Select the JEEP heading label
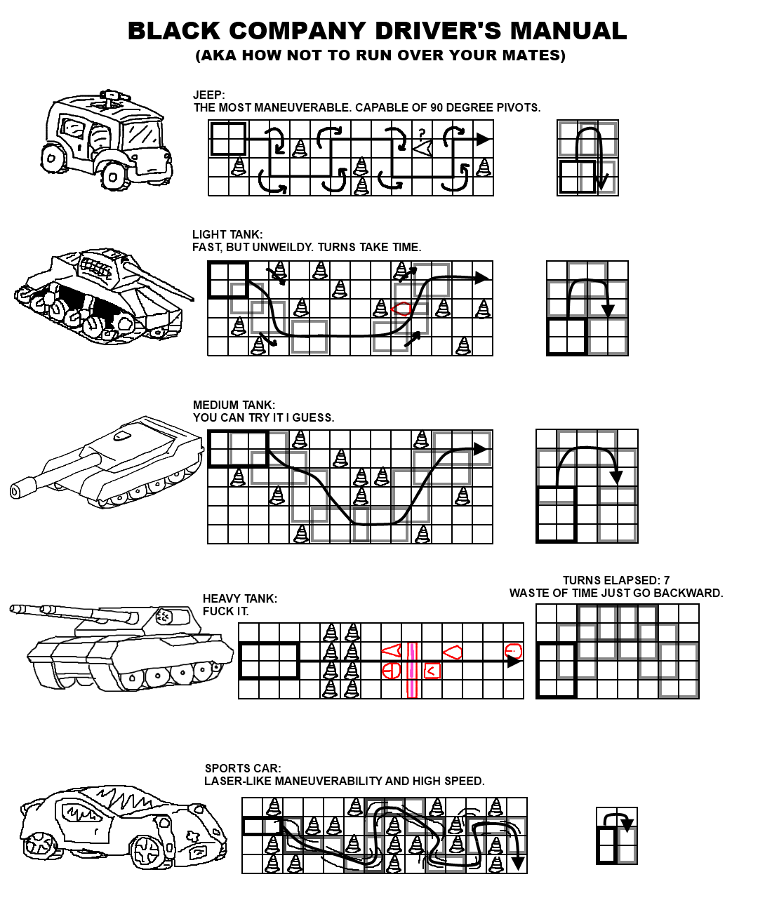click(208, 95)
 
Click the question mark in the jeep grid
click(422, 133)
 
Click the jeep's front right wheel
click(114, 177)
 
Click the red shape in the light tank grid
click(401, 309)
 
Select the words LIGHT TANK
click(227, 234)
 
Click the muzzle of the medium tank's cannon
click(16, 491)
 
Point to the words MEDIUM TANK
click(234, 405)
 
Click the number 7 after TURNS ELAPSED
click(667, 580)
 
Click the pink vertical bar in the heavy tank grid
click(411, 670)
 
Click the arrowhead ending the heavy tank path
click(514, 662)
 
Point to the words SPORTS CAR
click(243, 768)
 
